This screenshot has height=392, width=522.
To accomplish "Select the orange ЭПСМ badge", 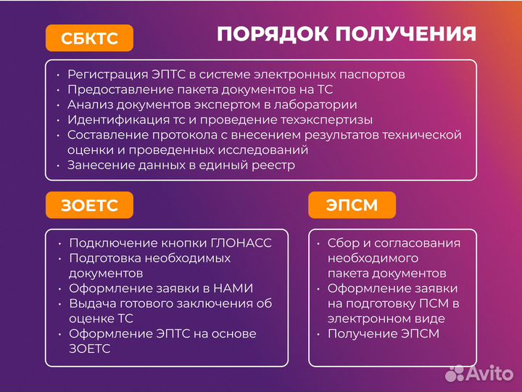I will [352, 205].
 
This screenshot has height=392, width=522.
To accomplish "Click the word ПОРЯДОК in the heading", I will [265, 34].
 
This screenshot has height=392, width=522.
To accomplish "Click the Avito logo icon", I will [455, 373].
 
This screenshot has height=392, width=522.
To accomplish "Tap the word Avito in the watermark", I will [489, 373].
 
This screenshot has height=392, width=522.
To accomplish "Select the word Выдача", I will [91, 303].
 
